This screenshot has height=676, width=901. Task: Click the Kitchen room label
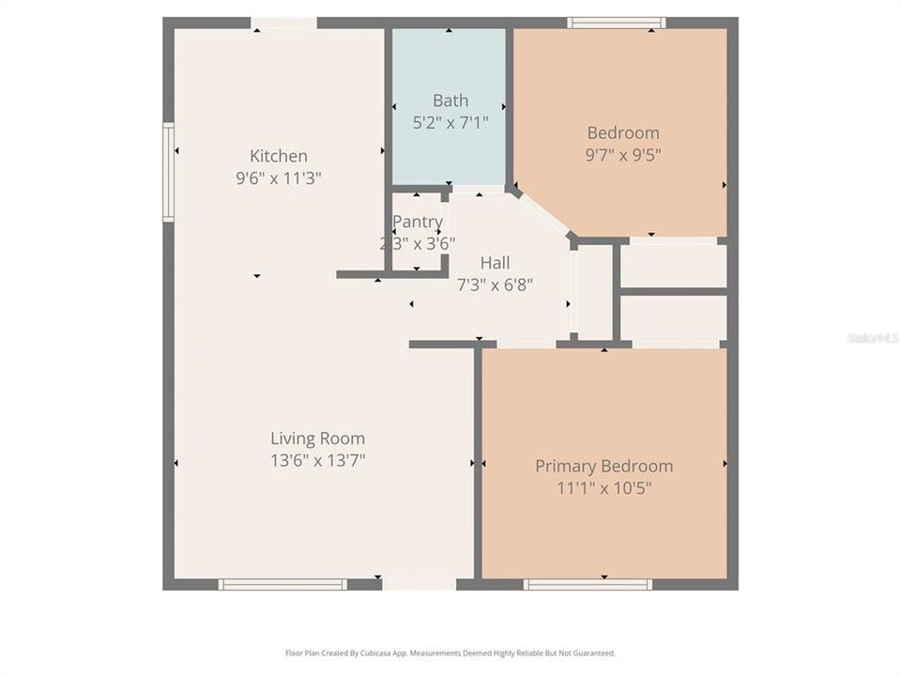pos(278,156)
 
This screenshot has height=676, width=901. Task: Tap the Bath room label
pos(450,100)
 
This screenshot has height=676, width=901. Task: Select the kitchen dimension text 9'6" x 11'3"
pos(279,177)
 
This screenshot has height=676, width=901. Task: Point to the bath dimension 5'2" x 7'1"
pos(450,122)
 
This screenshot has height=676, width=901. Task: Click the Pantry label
pos(418,222)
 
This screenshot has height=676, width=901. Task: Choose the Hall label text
pos(496,263)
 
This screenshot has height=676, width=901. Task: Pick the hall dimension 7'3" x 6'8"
pos(495,284)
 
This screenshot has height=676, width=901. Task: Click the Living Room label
pos(317,438)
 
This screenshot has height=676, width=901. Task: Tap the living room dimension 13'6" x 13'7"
pos(317,460)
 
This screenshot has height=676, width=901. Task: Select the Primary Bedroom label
pos(603,466)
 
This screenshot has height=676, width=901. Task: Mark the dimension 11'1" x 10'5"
pos(604,487)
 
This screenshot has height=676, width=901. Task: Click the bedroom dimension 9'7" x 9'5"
pos(623,154)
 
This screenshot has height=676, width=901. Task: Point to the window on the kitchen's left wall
pos(169,173)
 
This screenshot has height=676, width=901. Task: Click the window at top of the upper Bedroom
pos(617,23)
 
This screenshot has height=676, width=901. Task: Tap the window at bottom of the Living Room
pos(283,584)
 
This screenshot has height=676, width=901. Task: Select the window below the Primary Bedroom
pos(588,584)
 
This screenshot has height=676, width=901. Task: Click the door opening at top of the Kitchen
pos(283,23)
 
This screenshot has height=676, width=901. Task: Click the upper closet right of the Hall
pos(674,266)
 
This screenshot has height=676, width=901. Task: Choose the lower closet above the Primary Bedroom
pos(674,318)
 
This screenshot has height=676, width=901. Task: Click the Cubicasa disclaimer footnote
pos(450,653)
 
